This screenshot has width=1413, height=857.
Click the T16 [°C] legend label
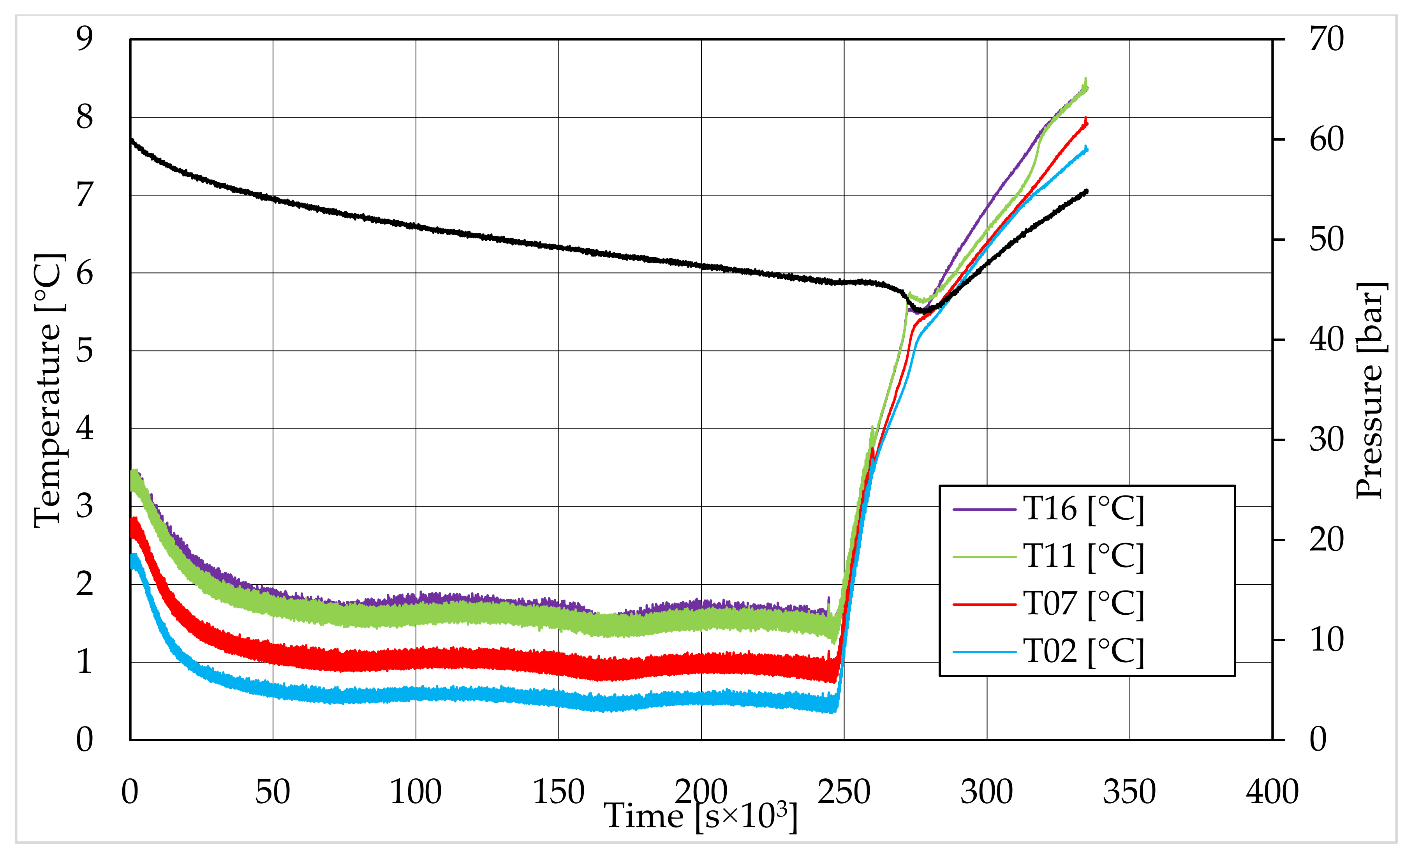coord(1083,509)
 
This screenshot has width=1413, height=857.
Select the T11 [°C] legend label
coord(1083,556)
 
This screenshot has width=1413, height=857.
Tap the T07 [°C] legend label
coord(1083,604)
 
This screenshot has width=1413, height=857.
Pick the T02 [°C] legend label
coord(1083,652)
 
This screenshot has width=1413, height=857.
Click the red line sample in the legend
coord(984,604)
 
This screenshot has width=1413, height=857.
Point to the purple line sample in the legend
coord(984,509)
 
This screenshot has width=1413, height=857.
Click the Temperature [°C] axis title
coord(48,390)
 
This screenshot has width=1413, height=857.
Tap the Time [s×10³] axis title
coord(701,816)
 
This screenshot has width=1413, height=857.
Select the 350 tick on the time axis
coord(1129,792)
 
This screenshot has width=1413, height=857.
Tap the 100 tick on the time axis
coord(416,792)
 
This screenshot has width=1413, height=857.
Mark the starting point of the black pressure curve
coord(131,139)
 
